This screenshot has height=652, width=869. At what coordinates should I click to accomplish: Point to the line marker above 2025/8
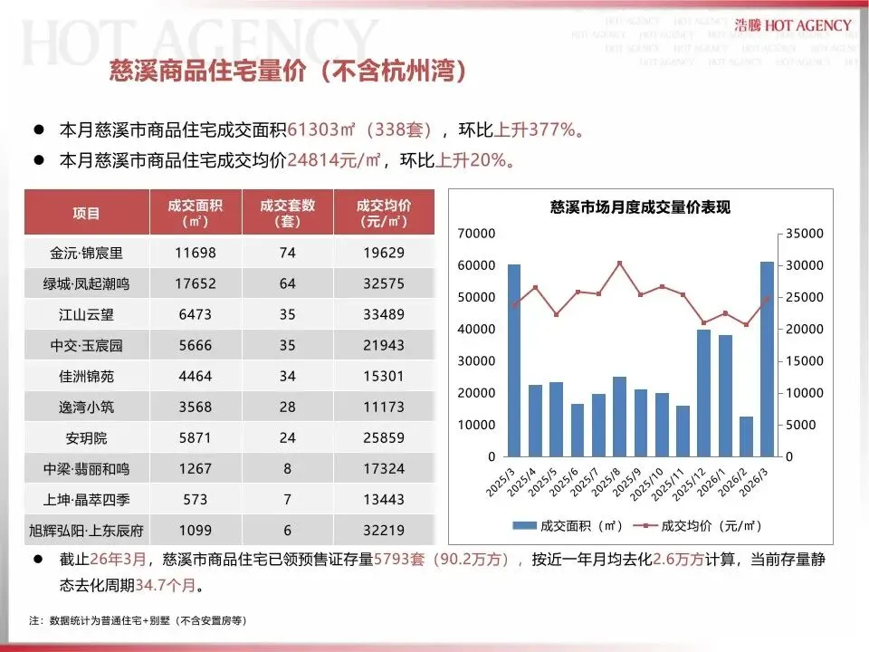tap(619, 264)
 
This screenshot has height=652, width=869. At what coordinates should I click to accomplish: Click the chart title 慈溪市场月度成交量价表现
tap(640, 207)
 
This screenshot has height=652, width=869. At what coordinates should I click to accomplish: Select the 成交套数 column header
tap(287, 213)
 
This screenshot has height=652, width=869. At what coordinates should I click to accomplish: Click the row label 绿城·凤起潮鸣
tap(88, 283)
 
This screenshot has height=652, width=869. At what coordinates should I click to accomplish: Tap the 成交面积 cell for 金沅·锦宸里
tap(195, 253)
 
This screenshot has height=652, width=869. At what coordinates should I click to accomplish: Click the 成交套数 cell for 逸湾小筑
tap(287, 407)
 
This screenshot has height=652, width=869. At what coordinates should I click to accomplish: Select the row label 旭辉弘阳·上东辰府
tap(88, 530)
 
